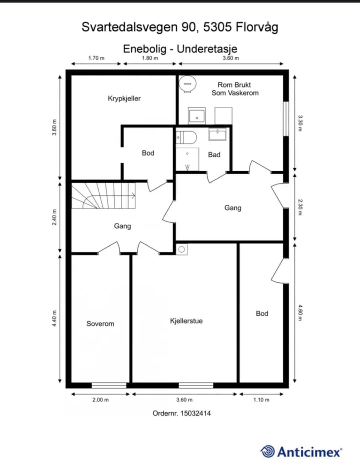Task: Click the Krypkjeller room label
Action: point(124,99)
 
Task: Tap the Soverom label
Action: point(100,324)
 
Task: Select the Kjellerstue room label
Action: point(186,321)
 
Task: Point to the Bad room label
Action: point(214,155)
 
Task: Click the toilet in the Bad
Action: point(186,137)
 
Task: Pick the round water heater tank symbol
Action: point(187,84)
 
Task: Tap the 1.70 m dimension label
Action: point(96,58)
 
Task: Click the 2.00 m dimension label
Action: point(100,400)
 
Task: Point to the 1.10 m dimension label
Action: point(261,400)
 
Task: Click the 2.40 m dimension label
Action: point(55,217)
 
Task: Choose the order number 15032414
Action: point(196,414)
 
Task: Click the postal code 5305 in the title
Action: point(217,27)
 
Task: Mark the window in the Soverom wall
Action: point(109,385)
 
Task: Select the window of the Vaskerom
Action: point(286,119)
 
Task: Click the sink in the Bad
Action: point(217,134)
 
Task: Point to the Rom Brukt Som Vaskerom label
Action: point(235,89)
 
